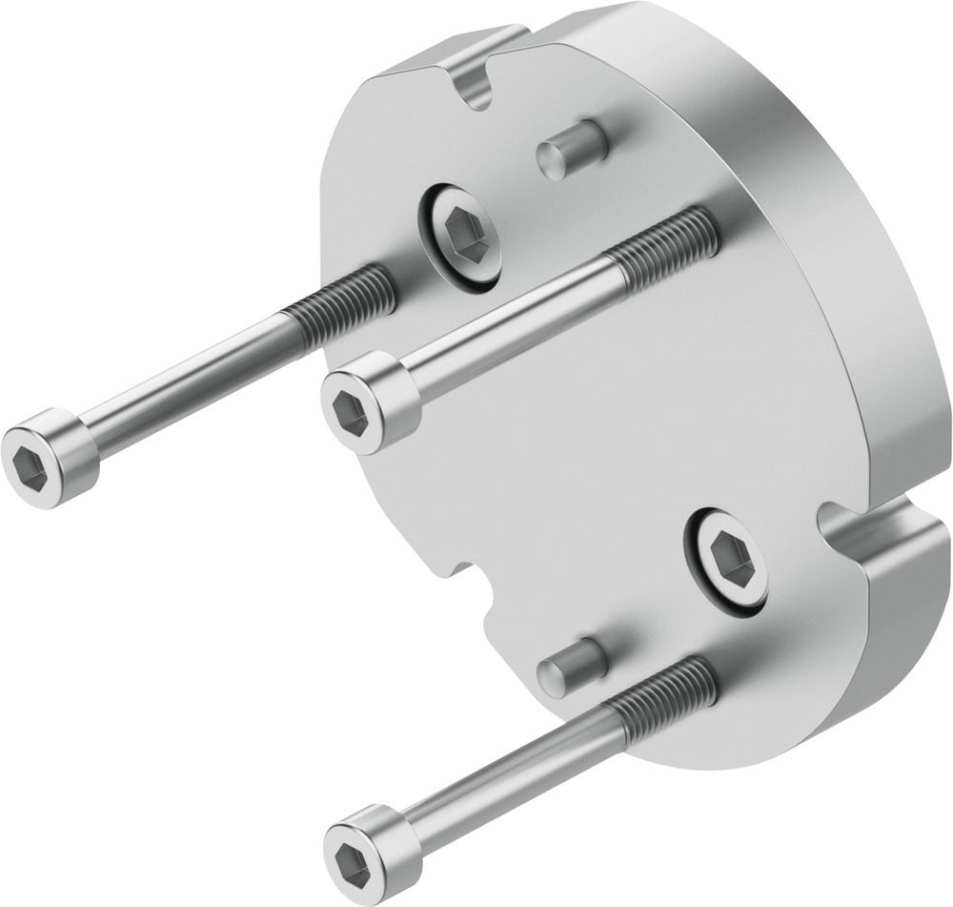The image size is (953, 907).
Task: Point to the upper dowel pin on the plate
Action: [572, 150]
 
